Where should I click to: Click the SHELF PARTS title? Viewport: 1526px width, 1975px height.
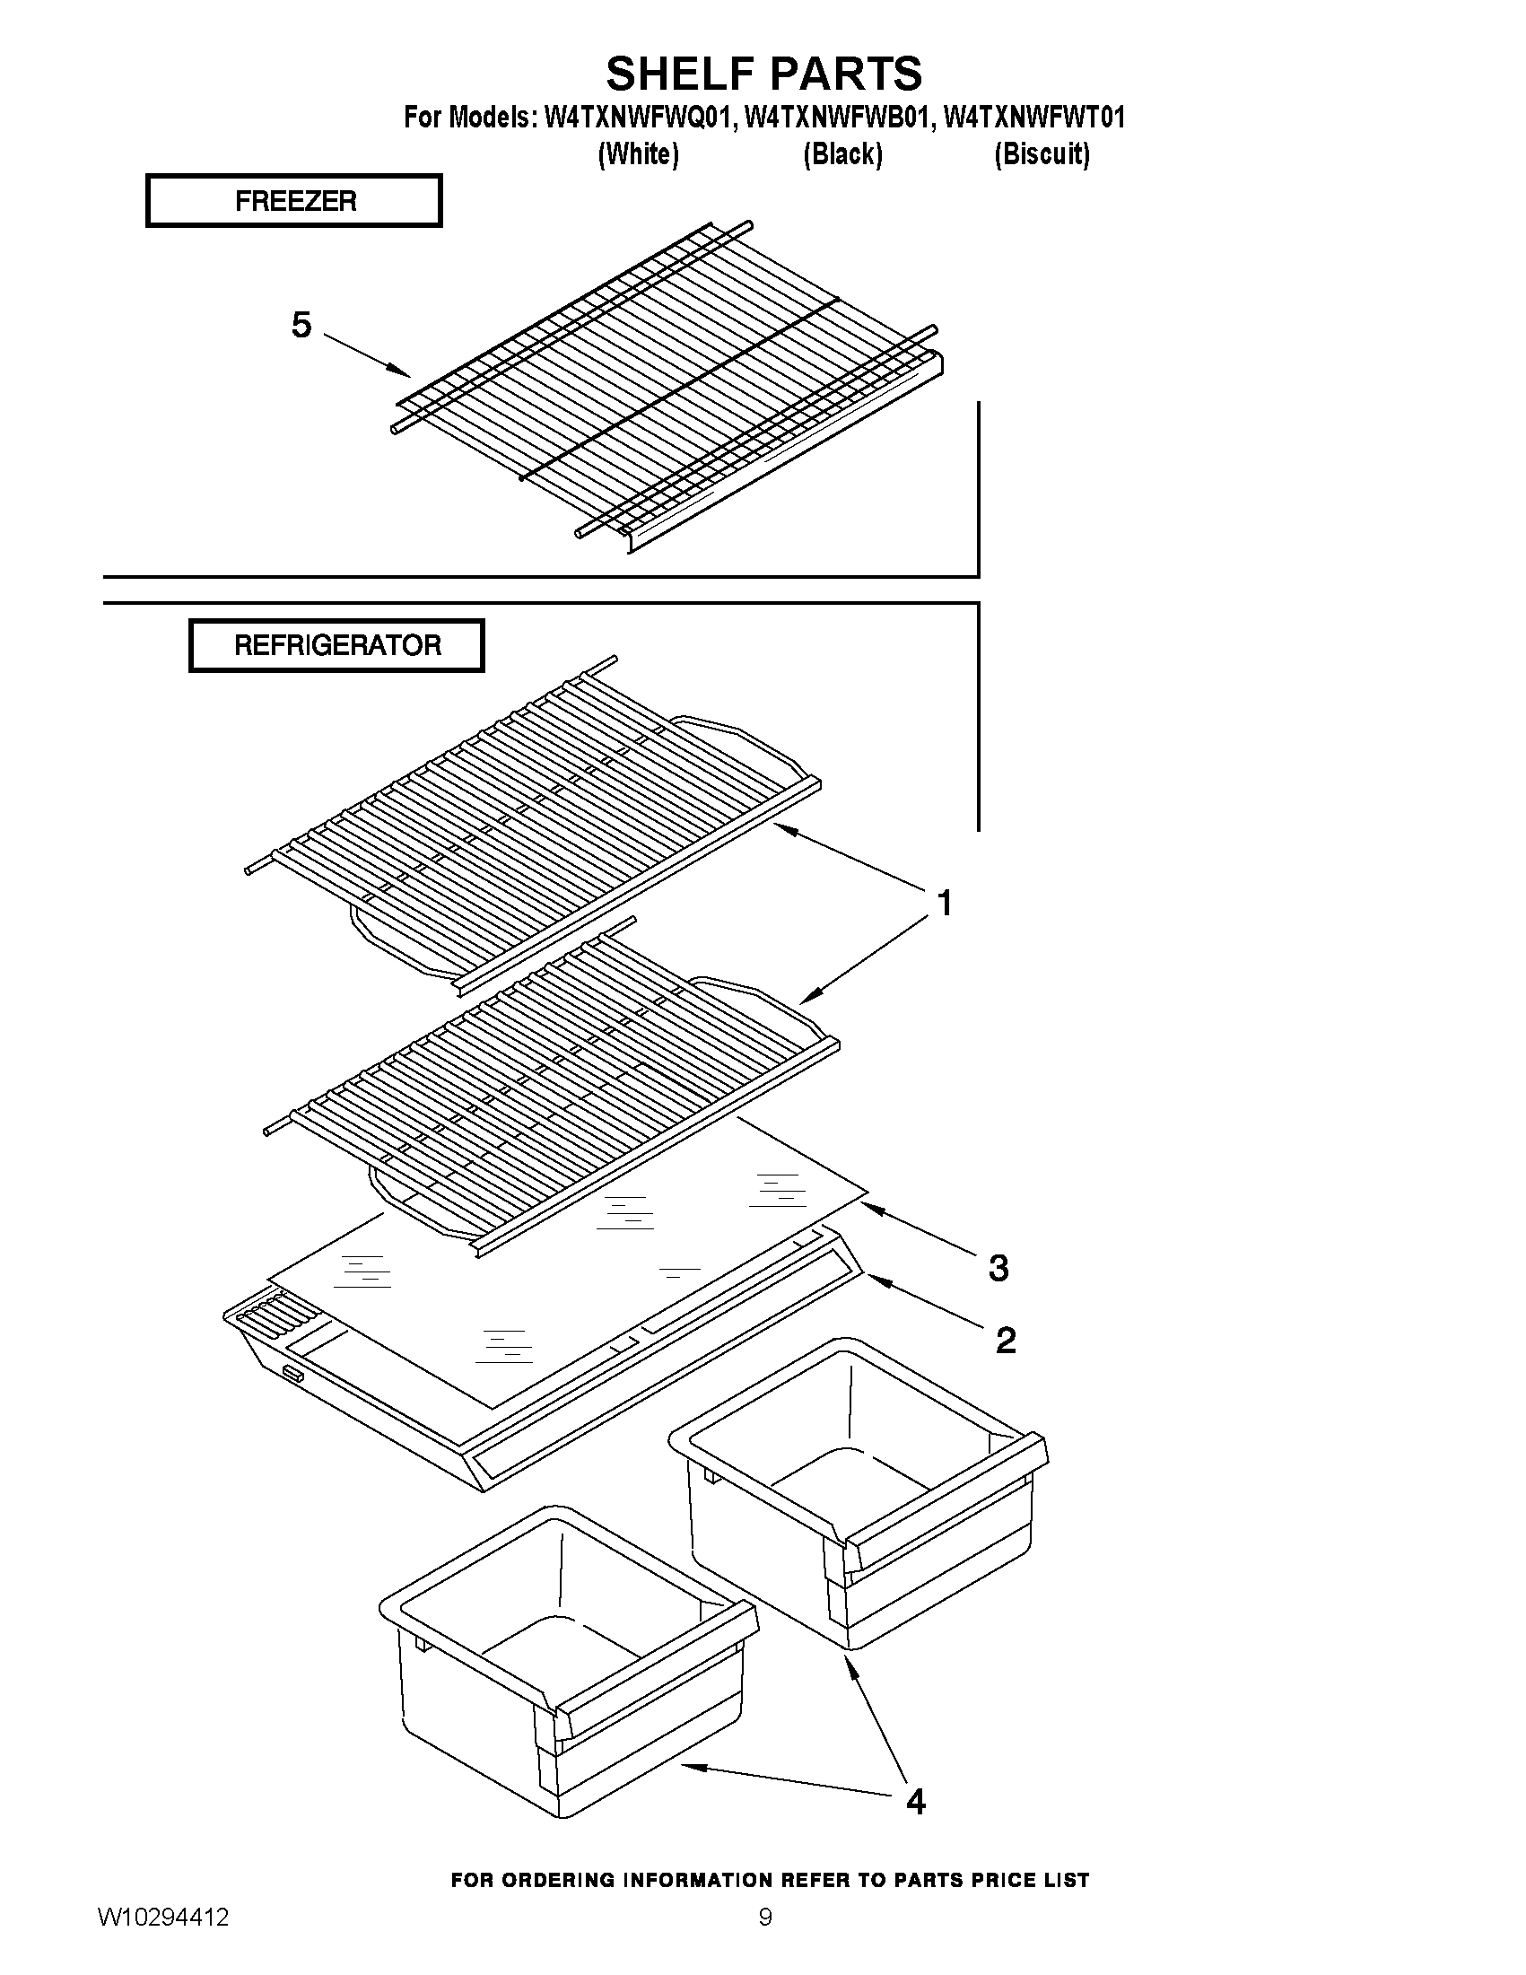pos(764,74)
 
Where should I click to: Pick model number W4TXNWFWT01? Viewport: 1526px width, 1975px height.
pos(1034,118)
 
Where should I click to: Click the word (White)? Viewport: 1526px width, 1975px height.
pos(638,154)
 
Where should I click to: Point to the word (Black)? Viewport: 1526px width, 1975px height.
pos(842,154)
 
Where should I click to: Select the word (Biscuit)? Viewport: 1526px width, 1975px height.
pos(1042,154)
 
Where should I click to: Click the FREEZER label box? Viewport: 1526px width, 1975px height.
pos(294,201)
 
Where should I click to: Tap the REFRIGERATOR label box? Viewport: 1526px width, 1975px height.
pos(336,646)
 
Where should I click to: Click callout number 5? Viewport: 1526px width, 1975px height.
pos(301,325)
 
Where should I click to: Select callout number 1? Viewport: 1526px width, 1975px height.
pos(944,903)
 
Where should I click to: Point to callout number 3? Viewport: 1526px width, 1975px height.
pos(998,1268)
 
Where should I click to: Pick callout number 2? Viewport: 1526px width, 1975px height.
pos(1006,1341)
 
